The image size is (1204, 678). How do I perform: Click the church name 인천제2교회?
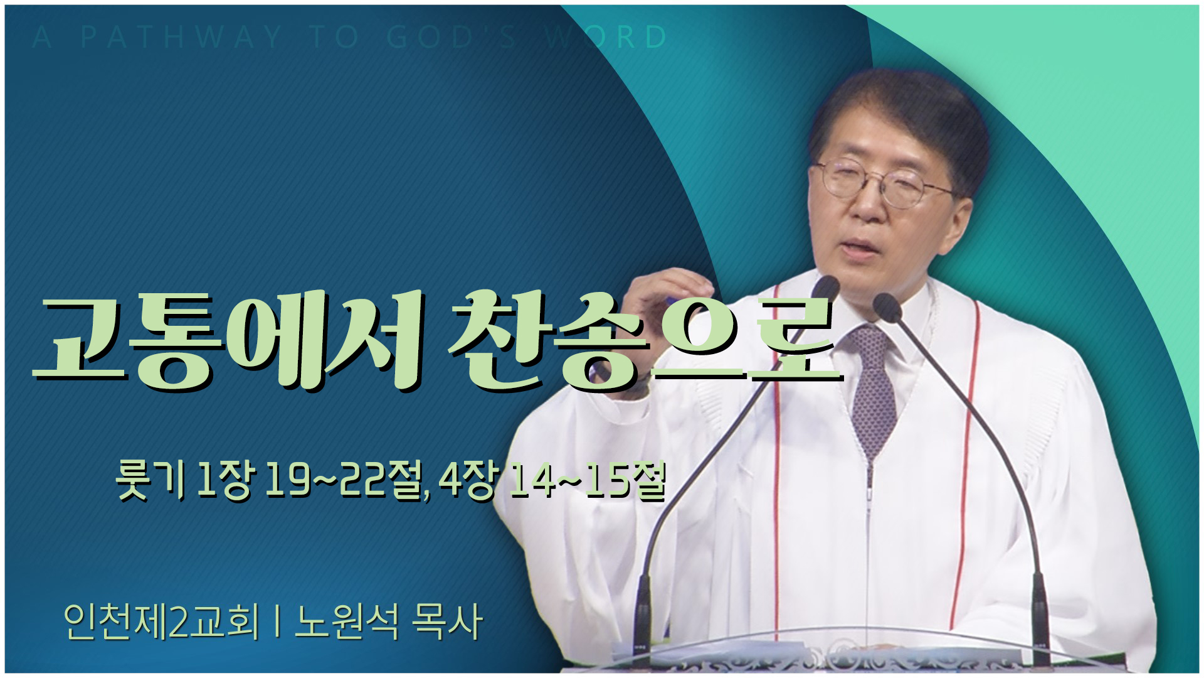(x=161, y=621)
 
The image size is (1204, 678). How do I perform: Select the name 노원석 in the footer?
(x=347, y=621)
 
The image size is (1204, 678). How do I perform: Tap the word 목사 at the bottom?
(x=447, y=621)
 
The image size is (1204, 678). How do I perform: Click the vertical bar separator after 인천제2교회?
(x=277, y=621)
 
